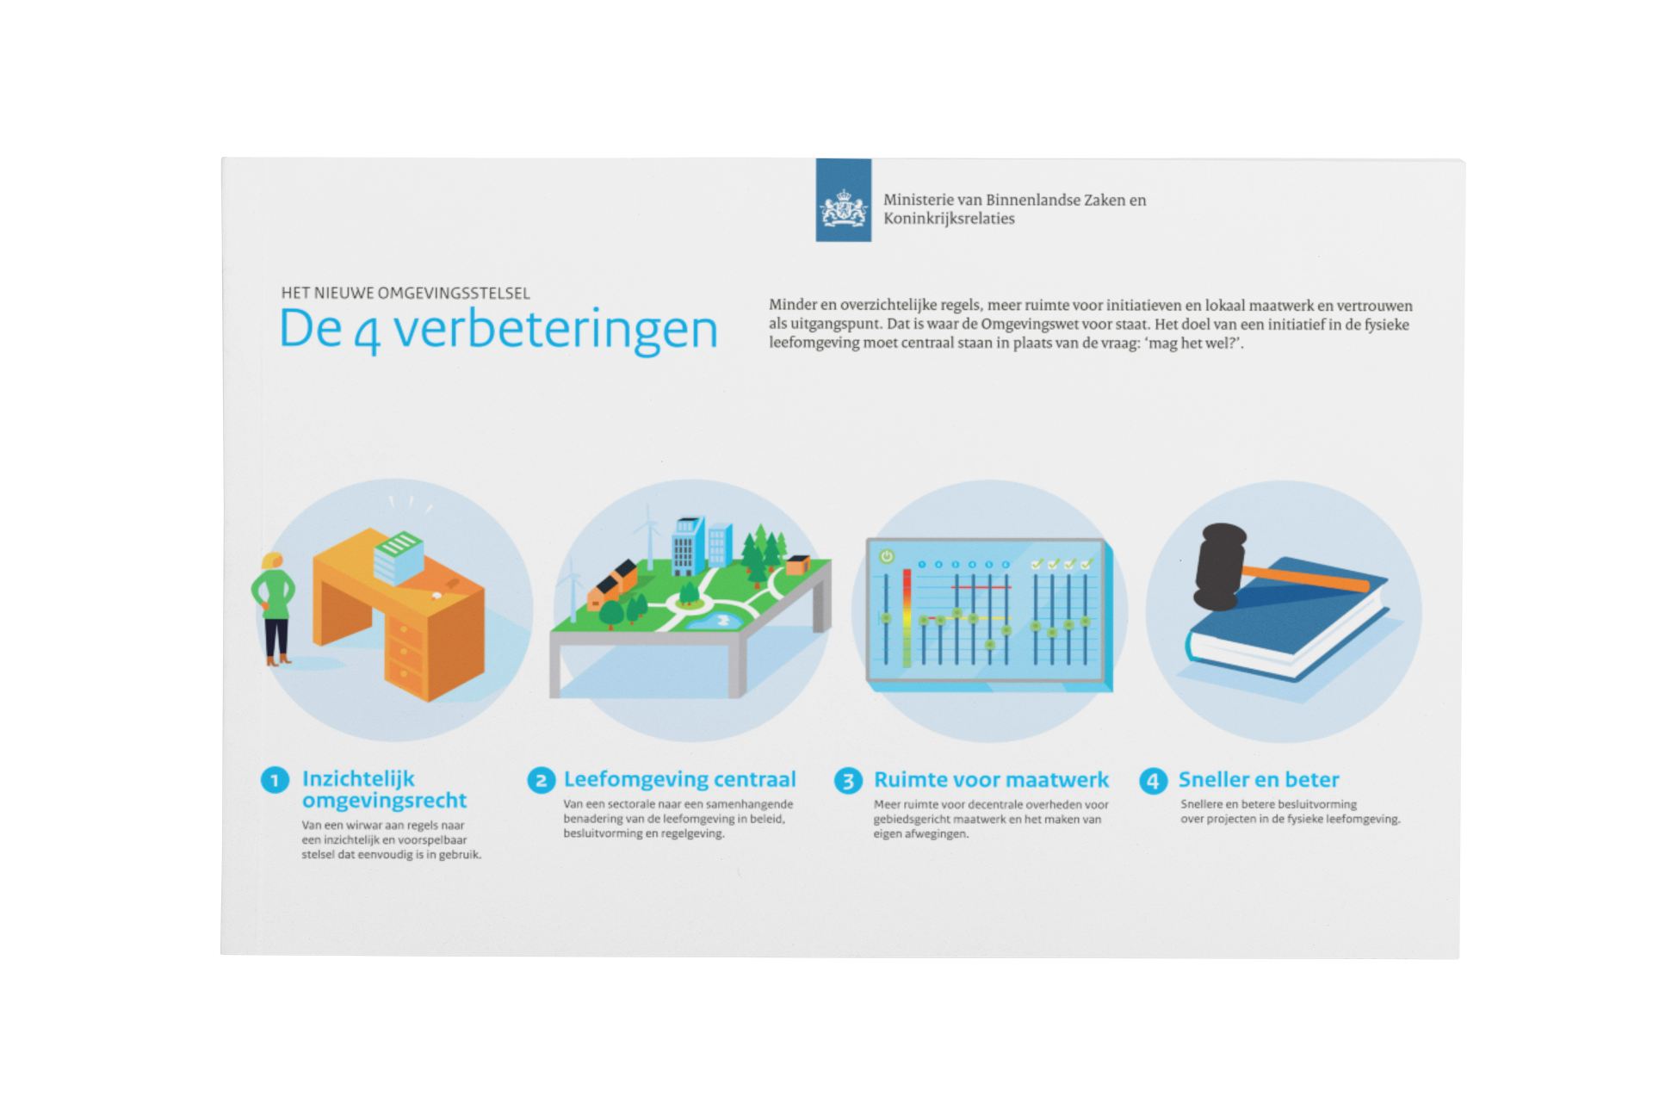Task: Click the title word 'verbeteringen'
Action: pyautogui.click(x=555, y=330)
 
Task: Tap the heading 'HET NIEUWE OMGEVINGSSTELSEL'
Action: pyautogui.click(x=406, y=293)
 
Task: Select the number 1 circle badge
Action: pyautogui.click(x=275, y=781)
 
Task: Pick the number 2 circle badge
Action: pyautogui.click(x=541, y=781)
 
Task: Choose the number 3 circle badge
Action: pyautogui.click(x=848, y=781)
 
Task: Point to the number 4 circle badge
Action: pyautogui.click(x=1153, y=781)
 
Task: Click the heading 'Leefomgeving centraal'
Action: pyautogui.click(x=679, y=779)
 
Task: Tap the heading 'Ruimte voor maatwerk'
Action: pyautogui.click(x=991, y=779)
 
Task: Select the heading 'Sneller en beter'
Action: pyautogui.click(x=1259, y=779)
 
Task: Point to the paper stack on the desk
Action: pyautogui.click(x=398, y=554)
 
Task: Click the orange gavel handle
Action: pyautogui.click(x=1306, y=579)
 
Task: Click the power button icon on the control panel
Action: pyautogui.click(x=887, y=557)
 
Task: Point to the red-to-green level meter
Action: pyautogui.click(x=907, y=617)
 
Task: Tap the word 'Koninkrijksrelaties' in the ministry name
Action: pyautogui.click(x=949, y=219)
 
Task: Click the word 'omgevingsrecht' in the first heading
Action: pyautogui.click(x=384, y=802)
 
